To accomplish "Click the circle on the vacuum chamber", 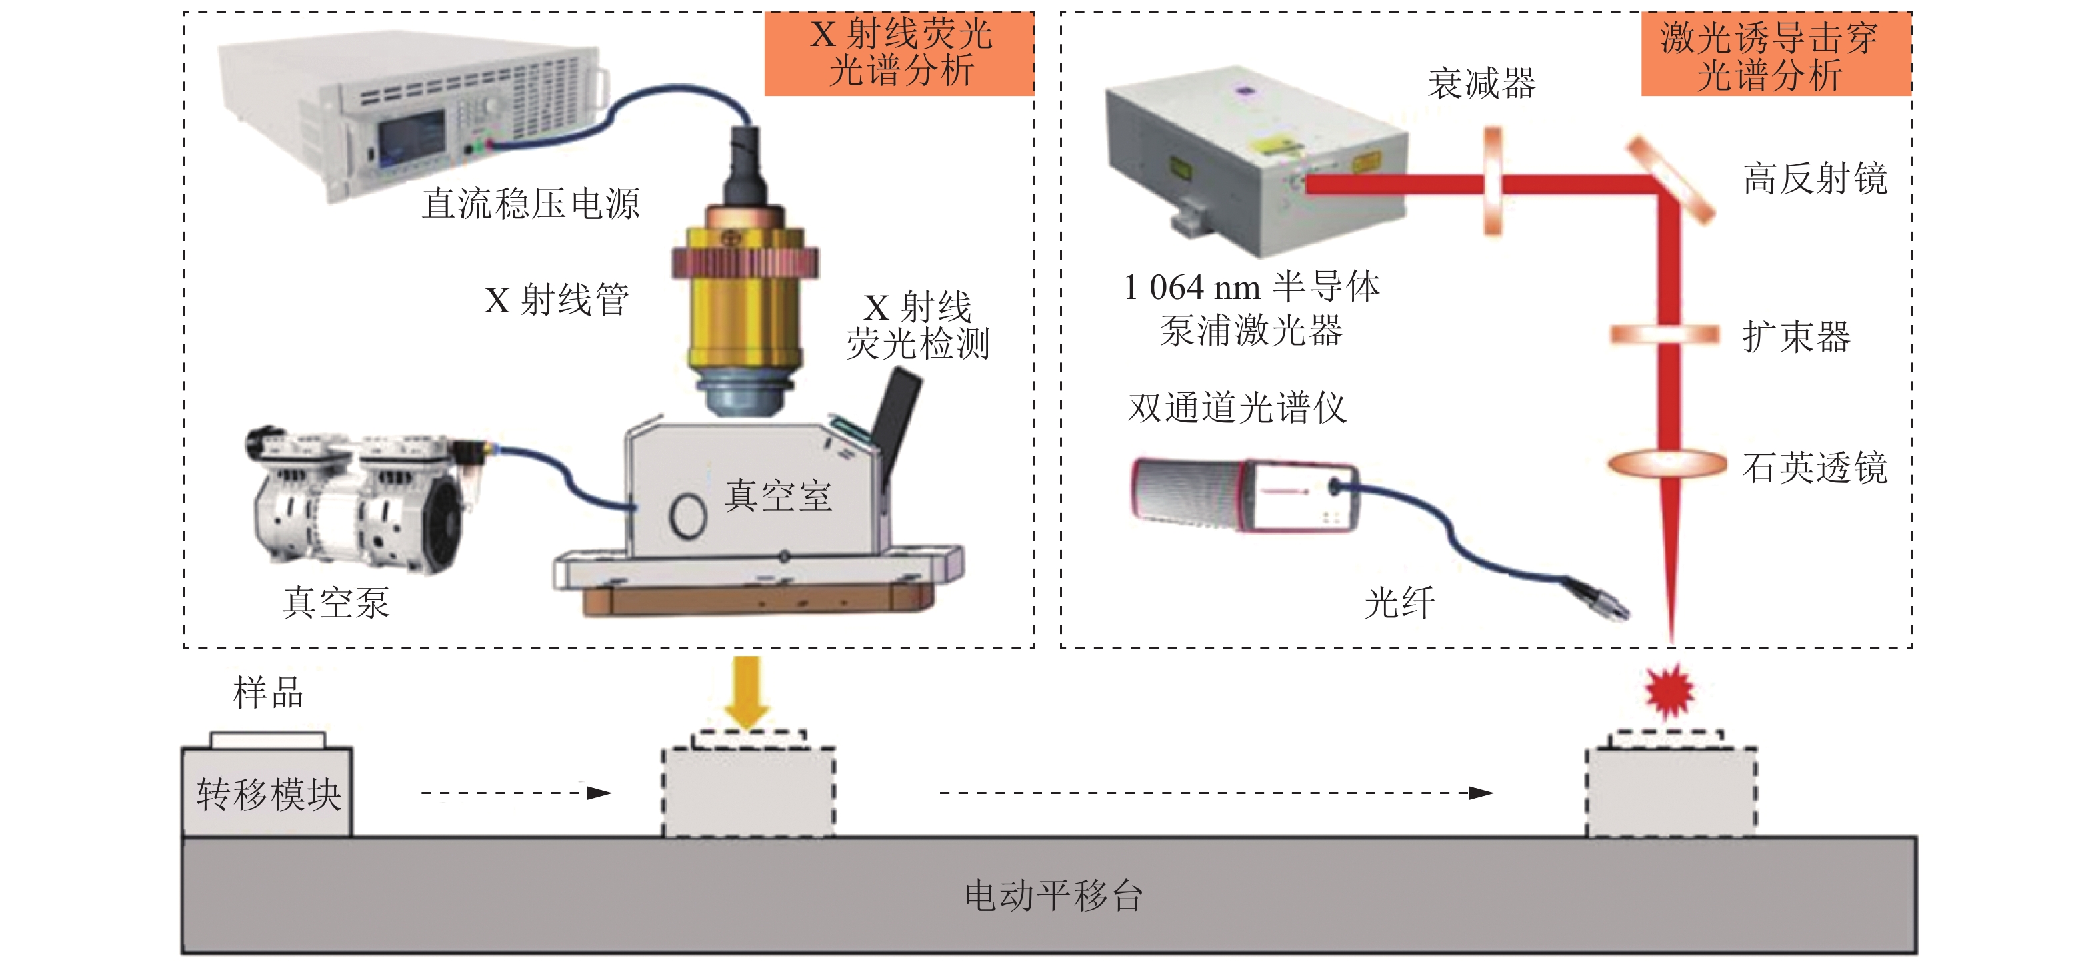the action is tap(687, 515).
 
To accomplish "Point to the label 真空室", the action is tap(779, 496).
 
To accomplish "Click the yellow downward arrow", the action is tap(747, 692).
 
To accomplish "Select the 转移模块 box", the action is tap(267, 791).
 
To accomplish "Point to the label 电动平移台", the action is tap(1053, 895).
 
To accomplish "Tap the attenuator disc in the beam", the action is tap(1493, 180).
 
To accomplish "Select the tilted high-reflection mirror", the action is tap(1671, 181).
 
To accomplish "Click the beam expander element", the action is tap(1665, 334).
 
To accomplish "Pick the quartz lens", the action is tap(1667, 464).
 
